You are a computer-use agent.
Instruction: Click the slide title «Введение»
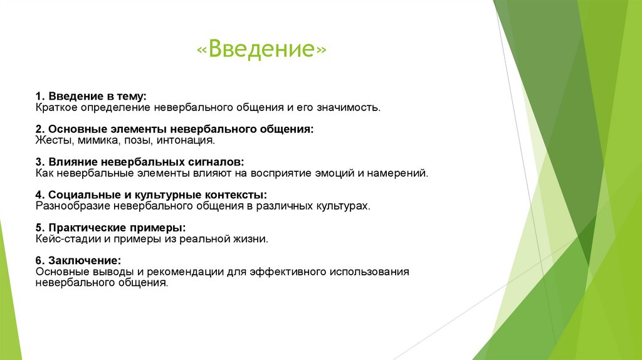click(261, 48)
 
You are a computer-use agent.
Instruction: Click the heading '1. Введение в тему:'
click(91, 96)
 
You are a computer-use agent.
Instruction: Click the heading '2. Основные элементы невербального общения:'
click(174, 129)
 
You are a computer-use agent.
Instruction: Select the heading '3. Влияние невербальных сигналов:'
click(140, 162)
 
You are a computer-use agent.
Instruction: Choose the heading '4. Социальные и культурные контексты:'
click(151, 194)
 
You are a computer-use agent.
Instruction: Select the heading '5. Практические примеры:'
click(110, 227)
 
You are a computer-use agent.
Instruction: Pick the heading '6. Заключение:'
click(78, 260)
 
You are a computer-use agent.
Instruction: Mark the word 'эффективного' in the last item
click(288, 272)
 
